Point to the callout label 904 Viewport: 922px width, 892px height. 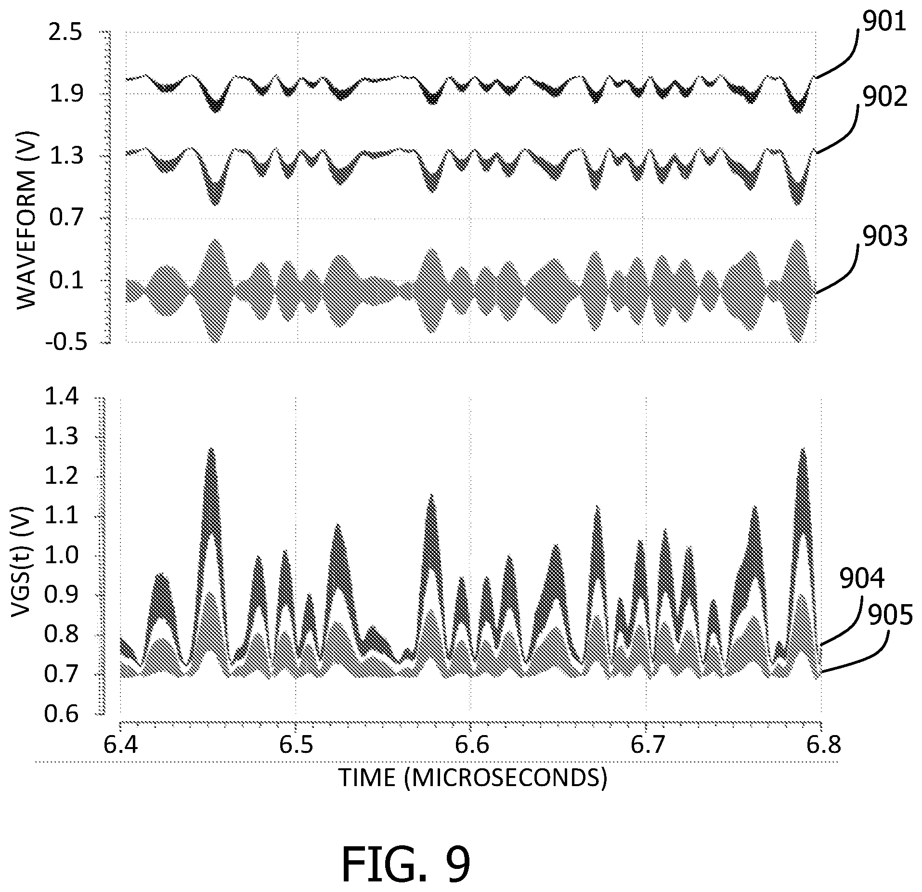[862, 579]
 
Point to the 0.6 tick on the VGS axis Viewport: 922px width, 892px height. [60, 714]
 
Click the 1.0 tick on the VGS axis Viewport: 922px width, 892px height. [60, 556]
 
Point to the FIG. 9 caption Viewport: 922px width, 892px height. [406, 864]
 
